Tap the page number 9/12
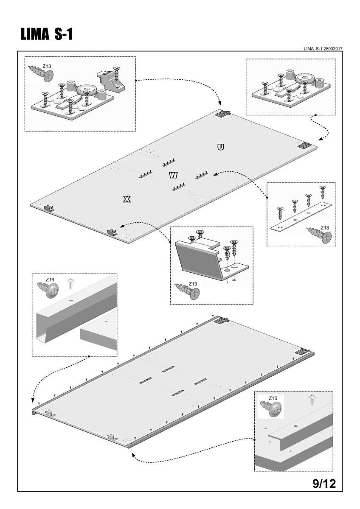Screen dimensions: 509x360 [x=324, y=484]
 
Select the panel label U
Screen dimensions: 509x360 [x=220, y=147]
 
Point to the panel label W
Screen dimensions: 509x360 [x=173, y=175]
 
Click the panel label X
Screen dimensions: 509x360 [x=126, y=199]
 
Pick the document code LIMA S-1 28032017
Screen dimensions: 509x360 [x=323, y=49]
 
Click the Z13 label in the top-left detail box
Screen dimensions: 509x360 [x=47, y=67]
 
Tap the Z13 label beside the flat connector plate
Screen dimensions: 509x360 [x=325, y=228]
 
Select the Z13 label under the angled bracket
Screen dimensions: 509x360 [x=192, y=284]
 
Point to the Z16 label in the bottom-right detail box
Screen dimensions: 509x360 [x=273, y=398]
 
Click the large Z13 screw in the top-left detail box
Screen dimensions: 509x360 [x=42, y=74]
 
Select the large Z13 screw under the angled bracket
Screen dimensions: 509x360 [x=188, y=292]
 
